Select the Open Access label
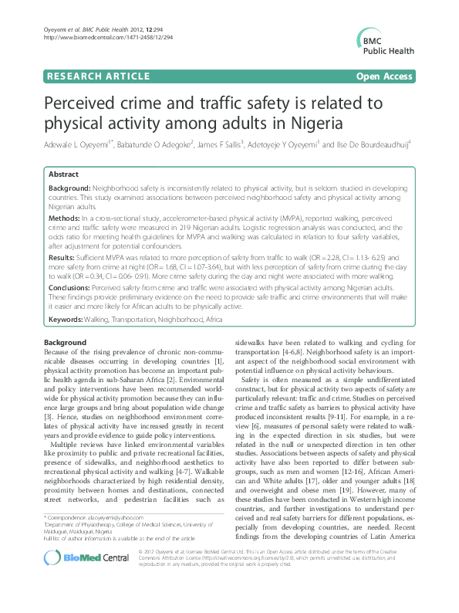[x=385, y=76]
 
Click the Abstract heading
[x=65, y=175]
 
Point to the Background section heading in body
[x=66, y=342]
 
